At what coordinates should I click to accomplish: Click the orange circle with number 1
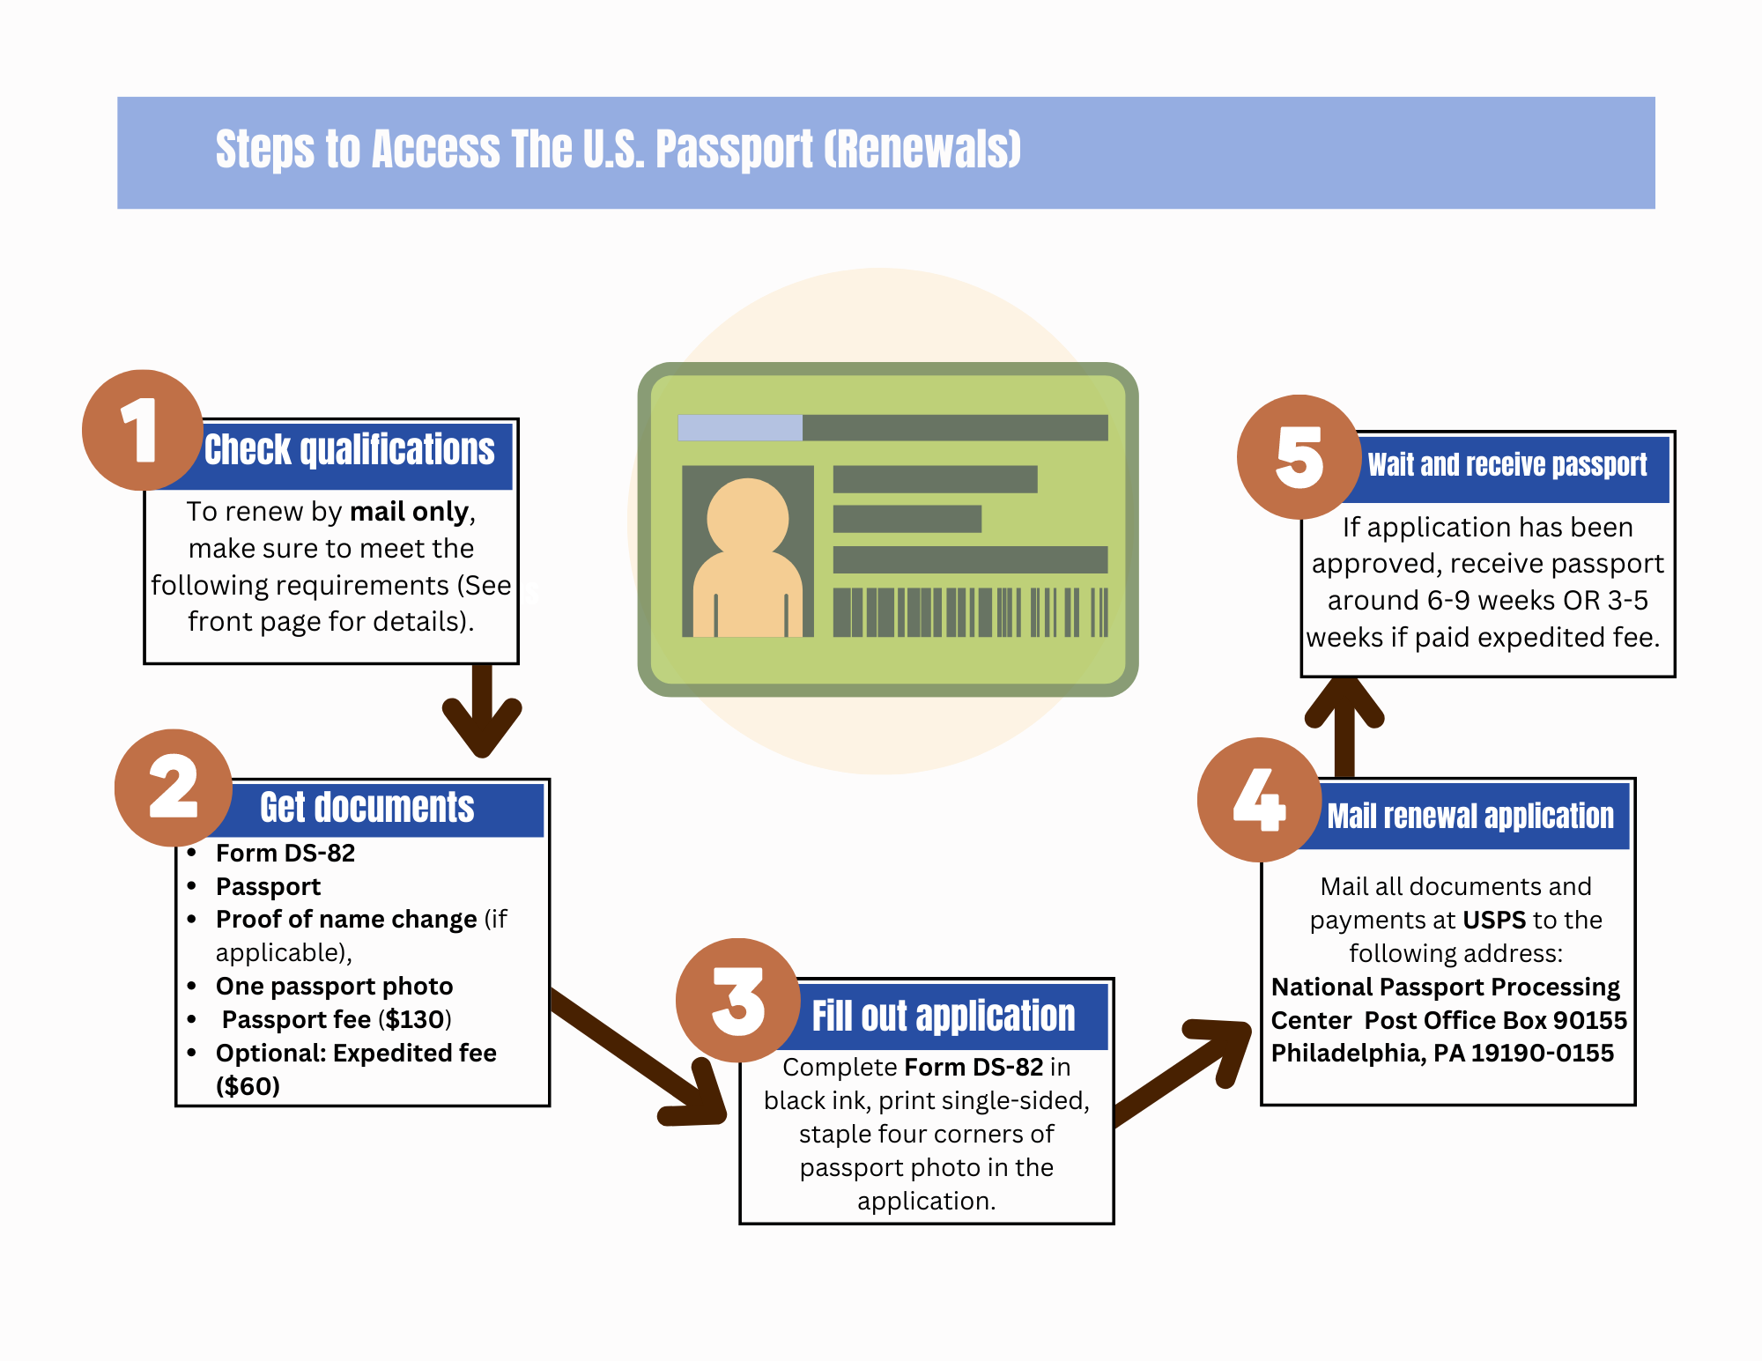(142, 430)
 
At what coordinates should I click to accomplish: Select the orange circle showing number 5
(1299, 456)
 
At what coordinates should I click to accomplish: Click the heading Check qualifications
(350, 450)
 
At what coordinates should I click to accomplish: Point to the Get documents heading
(366, 808)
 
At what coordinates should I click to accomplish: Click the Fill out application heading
(943, 1016)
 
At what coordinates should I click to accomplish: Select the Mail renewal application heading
(1470, 816)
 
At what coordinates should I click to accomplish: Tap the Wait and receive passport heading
(1507, 465)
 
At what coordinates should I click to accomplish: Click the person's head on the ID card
(747, 518)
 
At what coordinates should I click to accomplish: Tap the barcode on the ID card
(970, 612)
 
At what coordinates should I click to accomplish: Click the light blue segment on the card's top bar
(739, 427)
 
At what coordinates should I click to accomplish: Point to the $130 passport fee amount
(414, 1019)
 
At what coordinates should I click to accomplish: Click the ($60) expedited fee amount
(248, 1086)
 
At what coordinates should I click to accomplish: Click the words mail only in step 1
(409, 512)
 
